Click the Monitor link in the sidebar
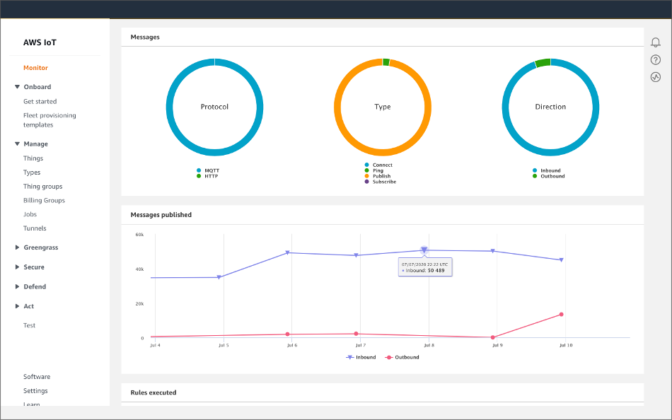click(35, 68)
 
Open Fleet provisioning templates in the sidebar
click(50, 120)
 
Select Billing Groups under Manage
click(44, 200)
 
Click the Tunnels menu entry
click(35, 228)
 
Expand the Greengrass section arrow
click(18, 248)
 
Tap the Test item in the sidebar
click(29, 325)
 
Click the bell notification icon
click(656, 42)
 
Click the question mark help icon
click(656, 59)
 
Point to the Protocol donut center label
click(214, 107)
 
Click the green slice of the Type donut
click(386, 62)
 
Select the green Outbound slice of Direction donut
click(543, 63)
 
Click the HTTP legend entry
click(212, 176)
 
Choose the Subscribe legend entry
click(384, 182)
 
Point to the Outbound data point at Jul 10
click(561, 314)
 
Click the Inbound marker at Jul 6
click(288, 252)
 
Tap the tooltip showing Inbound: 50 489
click(424, 267)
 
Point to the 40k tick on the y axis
click(139, 269)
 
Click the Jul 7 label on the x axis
click(360, 345)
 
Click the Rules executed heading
click(153, 392)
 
